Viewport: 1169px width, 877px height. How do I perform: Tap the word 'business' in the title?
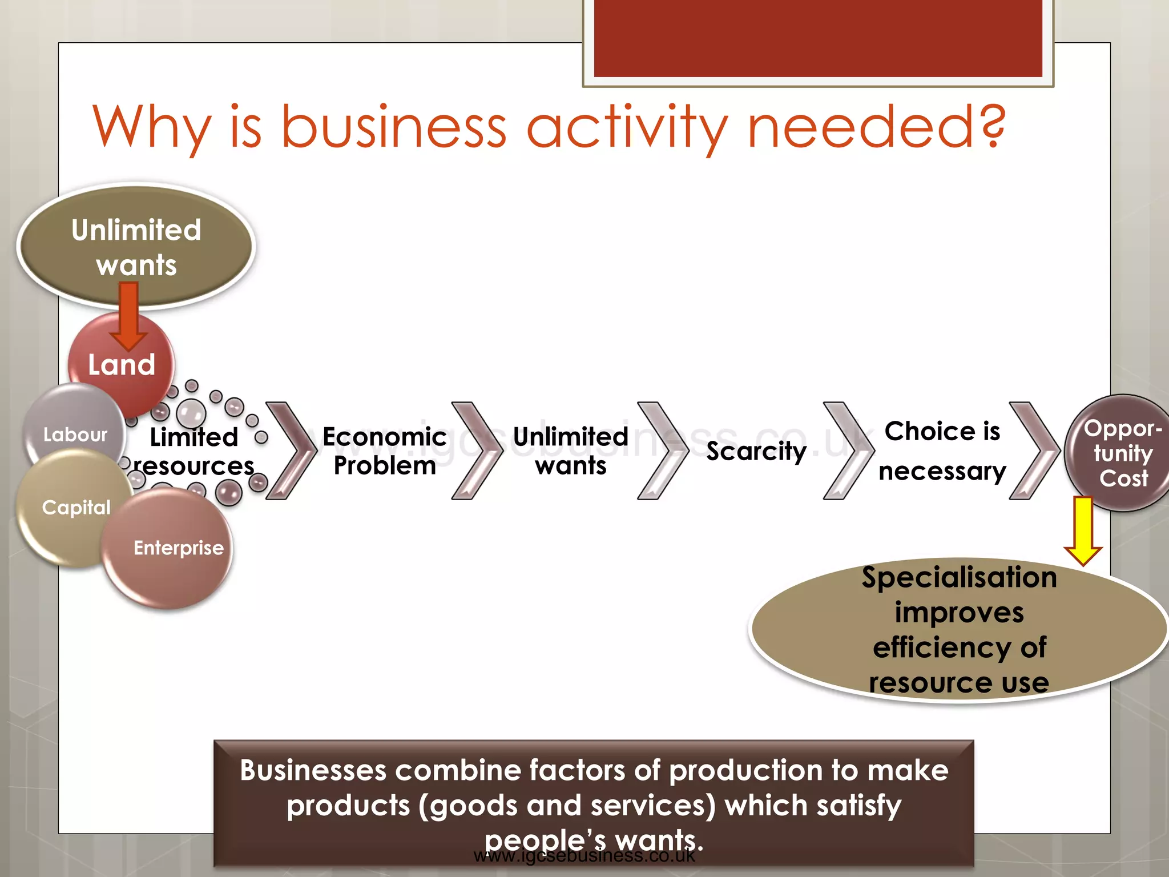point(394,127)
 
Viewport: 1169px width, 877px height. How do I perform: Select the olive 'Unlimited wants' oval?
point(136,247)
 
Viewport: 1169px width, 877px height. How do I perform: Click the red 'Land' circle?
point(122,365)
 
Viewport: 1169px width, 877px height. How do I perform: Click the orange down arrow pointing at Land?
point(128,317)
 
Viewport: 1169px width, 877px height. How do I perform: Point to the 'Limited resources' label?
point(194,452)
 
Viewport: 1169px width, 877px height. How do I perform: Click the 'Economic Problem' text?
point(384,451)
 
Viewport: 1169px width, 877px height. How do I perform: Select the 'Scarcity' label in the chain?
point(756,451)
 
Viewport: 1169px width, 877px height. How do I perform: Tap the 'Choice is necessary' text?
point(942,451)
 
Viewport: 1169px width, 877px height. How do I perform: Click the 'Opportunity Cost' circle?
point(1122,453)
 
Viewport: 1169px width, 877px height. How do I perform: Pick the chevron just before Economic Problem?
point(291,451)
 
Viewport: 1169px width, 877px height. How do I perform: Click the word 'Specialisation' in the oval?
point(959,577)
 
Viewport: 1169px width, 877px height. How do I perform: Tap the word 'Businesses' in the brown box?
point(313,770)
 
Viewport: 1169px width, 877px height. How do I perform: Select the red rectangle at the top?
point(817,37)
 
